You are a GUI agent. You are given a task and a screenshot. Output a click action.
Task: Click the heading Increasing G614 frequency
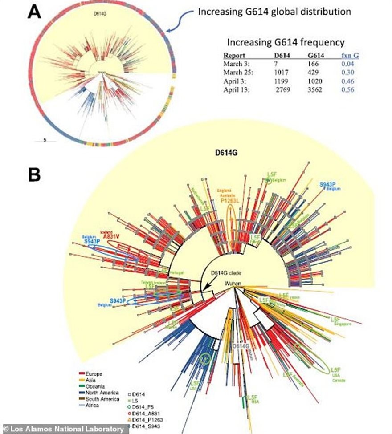coord(285,43)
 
